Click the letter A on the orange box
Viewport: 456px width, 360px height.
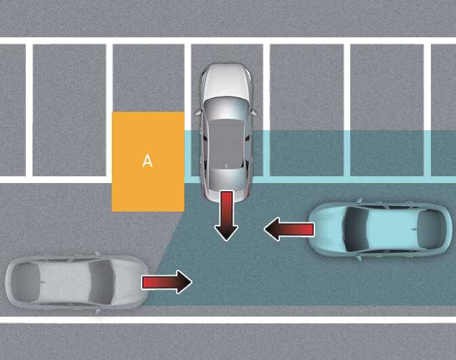pyautogui.click(x=148, y=161)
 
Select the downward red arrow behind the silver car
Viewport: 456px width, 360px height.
pyautogui.click(x=226, y=216)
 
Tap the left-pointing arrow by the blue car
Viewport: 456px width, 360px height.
pyautogui.click(x=289, y=229)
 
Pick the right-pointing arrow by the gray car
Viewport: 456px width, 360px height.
pyautogui.click(x=167, y=282)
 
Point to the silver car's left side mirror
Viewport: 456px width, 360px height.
pyautogui.click(x=199, y=113)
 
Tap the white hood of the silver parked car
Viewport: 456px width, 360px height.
pyautogui.click(x=226, y=81)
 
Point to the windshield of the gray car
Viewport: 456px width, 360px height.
pyautogui.click(x=100, y=282)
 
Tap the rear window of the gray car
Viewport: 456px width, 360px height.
pyautogui.click(x=26, y=282)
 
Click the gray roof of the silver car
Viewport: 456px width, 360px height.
pyautogui.click(x=226, y=144)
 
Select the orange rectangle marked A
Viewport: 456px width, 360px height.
pyautogui.click(x=148, y=161)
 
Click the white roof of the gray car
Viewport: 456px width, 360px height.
pyautogui.click(x=64, y=282)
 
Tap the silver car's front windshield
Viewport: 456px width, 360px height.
pyautogui.click(x=226, y=108)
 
